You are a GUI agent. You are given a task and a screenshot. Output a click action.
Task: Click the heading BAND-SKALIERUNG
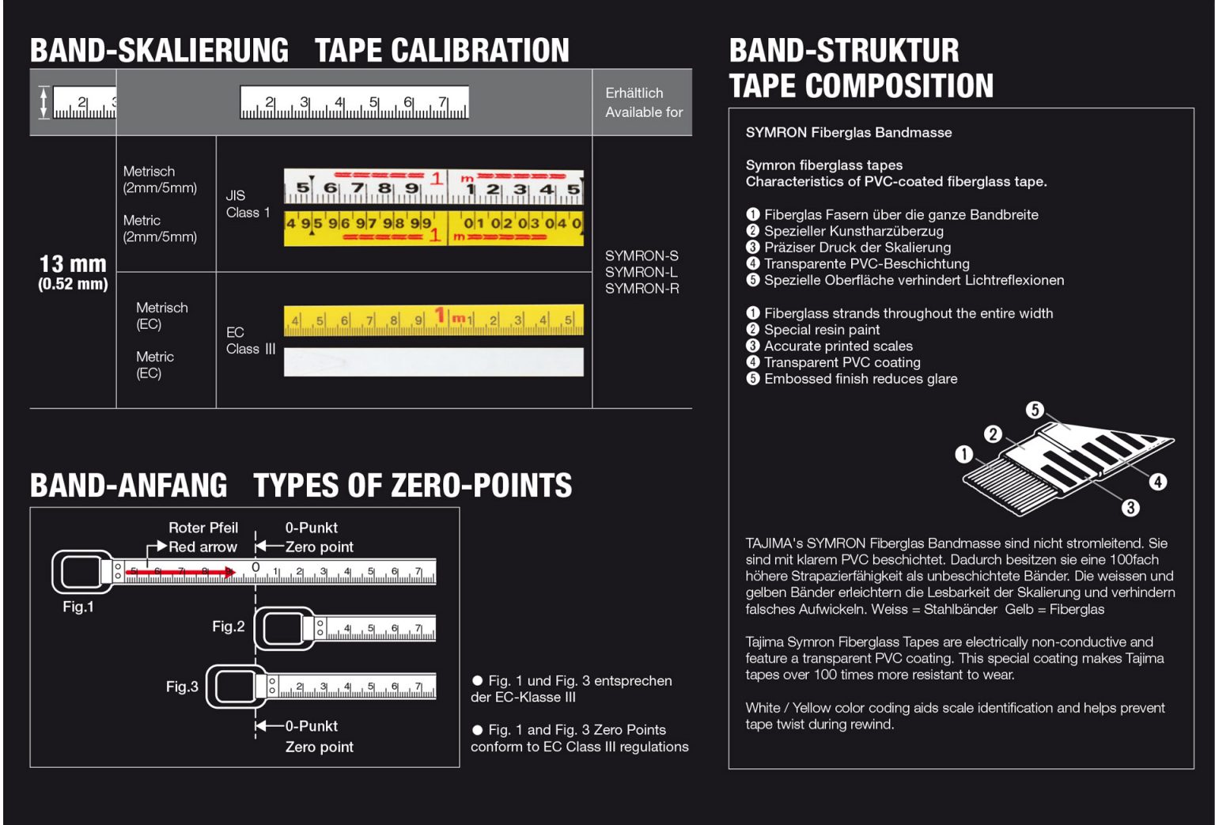click(159, 51)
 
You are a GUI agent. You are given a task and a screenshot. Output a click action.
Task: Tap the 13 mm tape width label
click(73, 264)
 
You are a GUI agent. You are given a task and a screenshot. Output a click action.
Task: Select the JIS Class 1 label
click(248, 204)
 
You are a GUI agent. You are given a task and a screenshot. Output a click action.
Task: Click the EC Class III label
click(250, 341)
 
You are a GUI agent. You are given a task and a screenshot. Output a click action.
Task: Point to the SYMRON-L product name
click(641, 272)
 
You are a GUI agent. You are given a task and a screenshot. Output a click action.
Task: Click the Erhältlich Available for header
click(643, 103)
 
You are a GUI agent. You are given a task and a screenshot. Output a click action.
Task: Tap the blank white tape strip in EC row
click(433, 362)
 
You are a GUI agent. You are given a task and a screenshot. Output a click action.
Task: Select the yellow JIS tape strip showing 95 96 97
click(433, 227)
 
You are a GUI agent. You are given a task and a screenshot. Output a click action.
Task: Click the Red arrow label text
click(202, 547)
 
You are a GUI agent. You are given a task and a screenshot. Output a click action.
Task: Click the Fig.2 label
click(228, 626)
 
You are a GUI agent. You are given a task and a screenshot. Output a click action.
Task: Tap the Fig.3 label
click(182, 687)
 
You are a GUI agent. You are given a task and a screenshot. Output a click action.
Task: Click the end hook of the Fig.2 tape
click(282, 629)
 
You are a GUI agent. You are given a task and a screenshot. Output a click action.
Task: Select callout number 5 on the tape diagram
click(1035, 410)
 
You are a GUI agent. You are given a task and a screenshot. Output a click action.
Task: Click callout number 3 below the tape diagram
click(1130, 508)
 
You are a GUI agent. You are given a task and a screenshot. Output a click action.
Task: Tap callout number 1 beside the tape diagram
click(963, 454)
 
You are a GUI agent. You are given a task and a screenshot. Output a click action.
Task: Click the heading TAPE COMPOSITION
click(861, 85)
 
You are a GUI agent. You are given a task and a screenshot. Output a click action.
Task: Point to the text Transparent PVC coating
click(842, 362)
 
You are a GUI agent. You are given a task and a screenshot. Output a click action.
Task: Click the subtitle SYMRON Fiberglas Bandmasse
click(848, 133)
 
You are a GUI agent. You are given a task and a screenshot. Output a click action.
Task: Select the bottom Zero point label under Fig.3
click(319, 747)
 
